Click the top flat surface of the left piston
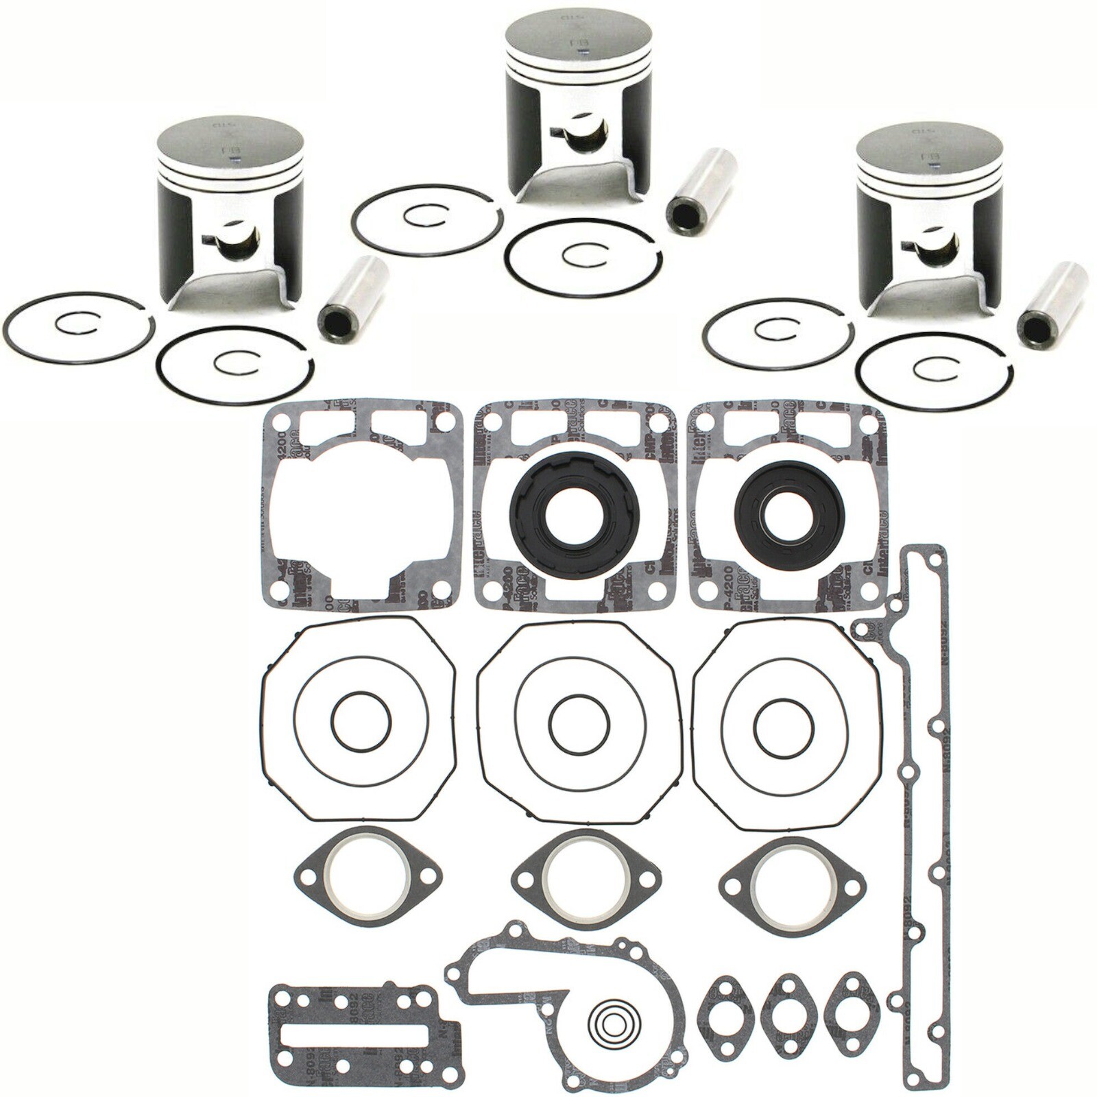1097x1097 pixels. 229,143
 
